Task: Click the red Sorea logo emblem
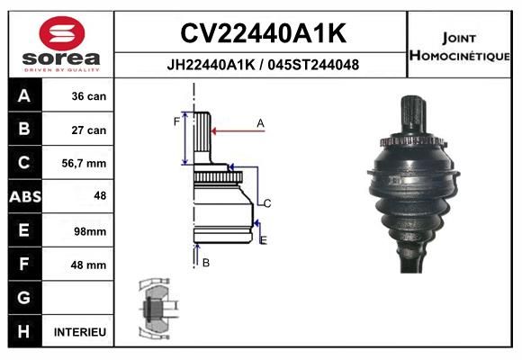pyautogui.click(x=62, y=33)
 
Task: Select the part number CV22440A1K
pyautogui.click(x=264, y=33)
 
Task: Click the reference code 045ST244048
pyautogui.click(x=313, y=65)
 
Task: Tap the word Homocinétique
pyautogui.click(x=460, y=55)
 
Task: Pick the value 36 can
pyautogui.click(x=89, y=96)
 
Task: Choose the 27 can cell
pyautogui.click(x=89, y=130)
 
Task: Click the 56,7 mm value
pyautogui.click(x=84, y=163)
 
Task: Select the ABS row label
pyautogui.click(x=25, y=196)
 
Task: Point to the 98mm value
pyautogui.click(x=90, y=231)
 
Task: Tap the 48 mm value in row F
pyautogui.click(x=88, y=265)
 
